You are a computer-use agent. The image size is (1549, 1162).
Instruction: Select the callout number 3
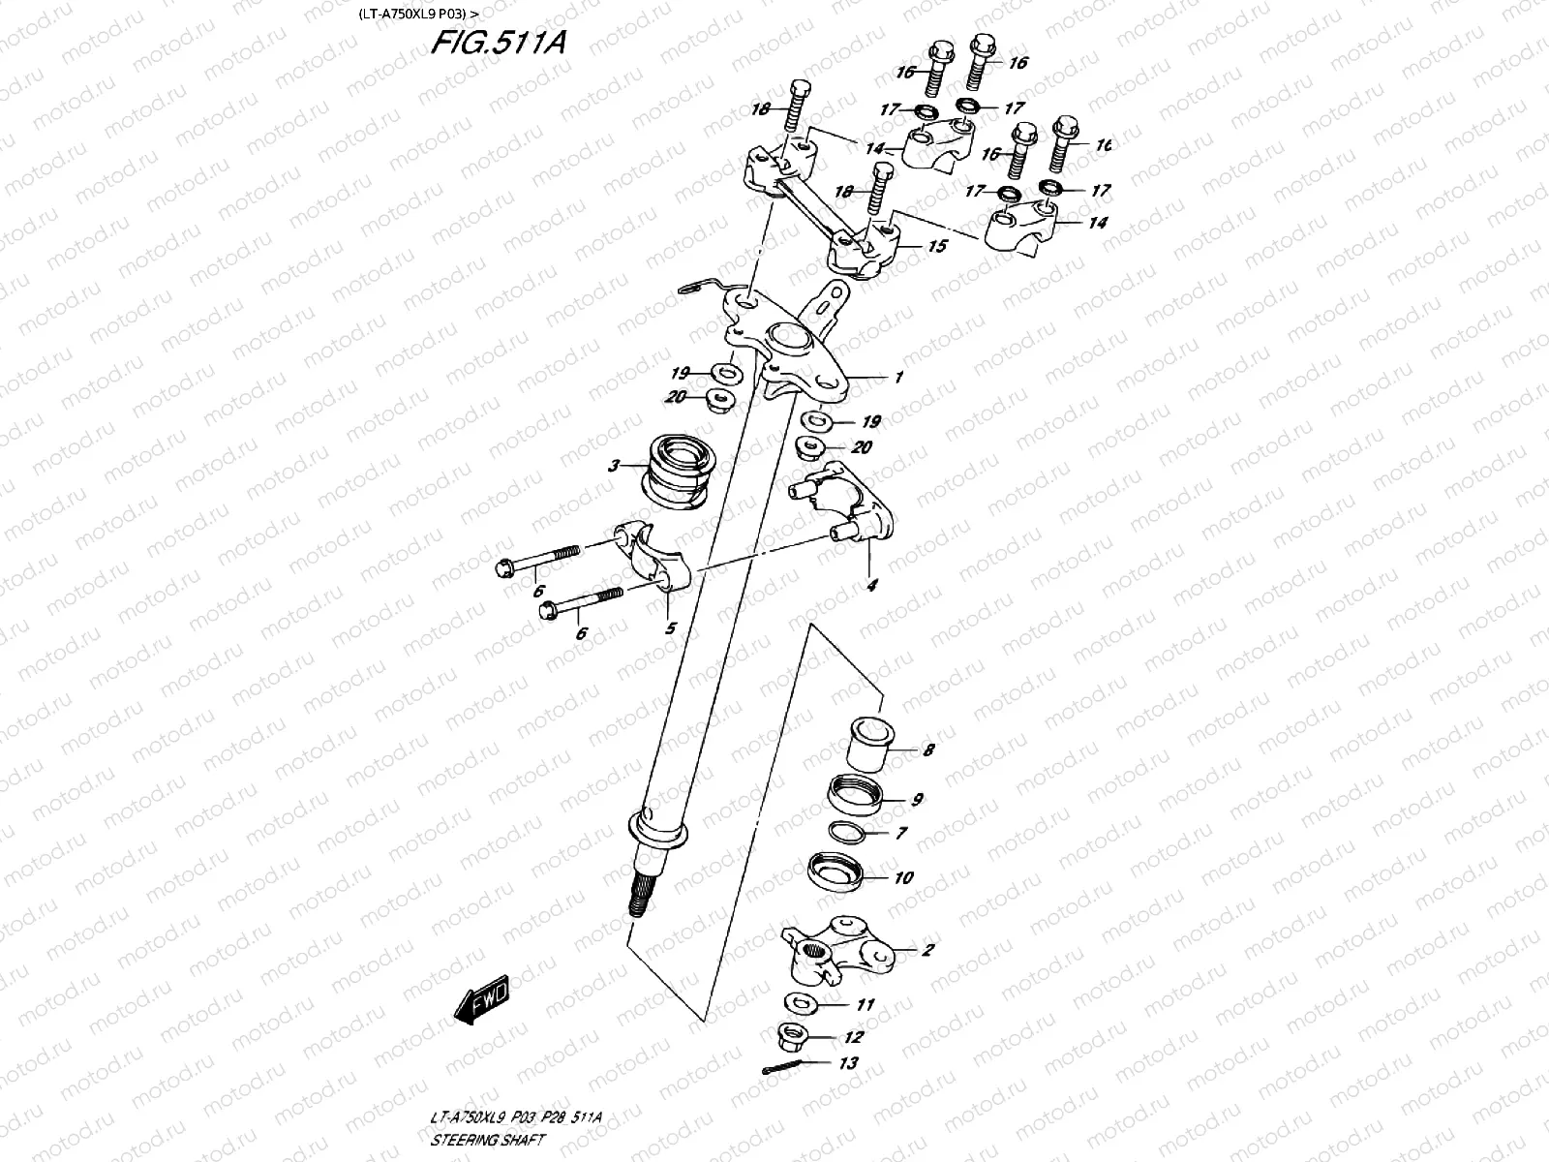point(613,467)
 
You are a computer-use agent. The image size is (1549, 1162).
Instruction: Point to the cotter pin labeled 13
point(776,1069)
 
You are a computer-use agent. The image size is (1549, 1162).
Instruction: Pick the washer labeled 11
point(799,1000)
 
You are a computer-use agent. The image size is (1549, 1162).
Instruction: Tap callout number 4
point(871,585)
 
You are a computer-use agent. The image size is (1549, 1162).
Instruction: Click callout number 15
point(936,247)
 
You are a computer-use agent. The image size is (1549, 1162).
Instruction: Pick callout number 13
point(849,1063)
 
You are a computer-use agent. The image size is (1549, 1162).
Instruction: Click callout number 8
point(927,749)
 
